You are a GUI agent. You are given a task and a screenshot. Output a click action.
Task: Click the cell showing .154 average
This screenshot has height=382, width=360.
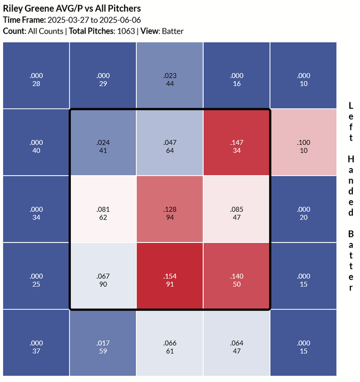pyautogui.click(x=170, y=276)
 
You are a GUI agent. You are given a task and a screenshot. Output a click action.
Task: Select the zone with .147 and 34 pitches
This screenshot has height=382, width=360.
pyautogui.click(x=237, y=142)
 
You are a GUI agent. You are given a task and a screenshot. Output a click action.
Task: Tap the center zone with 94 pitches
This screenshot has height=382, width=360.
pyautogui.click(x=170, y=209)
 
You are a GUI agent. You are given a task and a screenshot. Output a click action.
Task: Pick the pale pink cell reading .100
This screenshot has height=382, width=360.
pyautogui.click(x=303, y=142)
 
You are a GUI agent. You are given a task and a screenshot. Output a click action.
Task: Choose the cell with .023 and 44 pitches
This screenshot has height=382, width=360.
pyautogui.click(x=170, y=75)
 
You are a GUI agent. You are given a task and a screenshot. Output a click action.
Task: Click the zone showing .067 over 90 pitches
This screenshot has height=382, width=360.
pyautogui.click(x=103, y=276)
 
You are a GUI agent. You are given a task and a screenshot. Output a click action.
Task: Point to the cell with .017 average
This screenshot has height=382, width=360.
pyautogui.click(x=103, y=343)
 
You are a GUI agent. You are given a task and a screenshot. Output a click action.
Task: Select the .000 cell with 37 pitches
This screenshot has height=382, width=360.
pyautogui.click(x=36, y=343)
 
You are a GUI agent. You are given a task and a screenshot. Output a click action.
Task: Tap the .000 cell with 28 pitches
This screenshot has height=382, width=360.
pyautogui.click(x=36, y=75)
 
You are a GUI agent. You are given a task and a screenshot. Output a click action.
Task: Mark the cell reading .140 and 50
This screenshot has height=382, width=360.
pyautogui.click(x=237, y=276)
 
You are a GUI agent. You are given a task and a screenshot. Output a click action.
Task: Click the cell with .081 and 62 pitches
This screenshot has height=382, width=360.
pyautogui.click(x=103, y=209)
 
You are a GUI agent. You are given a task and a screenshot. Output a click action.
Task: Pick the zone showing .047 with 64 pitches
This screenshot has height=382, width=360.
pyautogui.click(x=170, y=142)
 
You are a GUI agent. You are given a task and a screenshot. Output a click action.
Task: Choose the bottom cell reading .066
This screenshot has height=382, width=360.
pyautogui.click(x=170, y=343)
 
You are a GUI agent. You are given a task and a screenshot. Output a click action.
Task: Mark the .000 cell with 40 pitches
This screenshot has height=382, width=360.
pyautogui.click(x=36, y=142)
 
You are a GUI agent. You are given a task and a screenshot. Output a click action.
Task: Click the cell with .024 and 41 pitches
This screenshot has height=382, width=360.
pyautogui.click(x=103, y=142)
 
